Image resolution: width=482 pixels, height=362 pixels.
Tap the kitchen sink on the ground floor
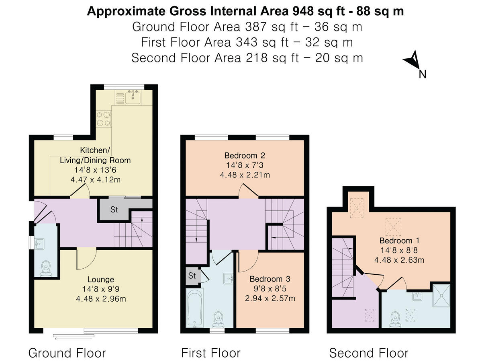[x=132, y=97]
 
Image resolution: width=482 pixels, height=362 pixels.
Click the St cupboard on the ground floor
[x=115, y=210]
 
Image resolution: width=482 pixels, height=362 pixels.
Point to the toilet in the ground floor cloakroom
[x=47, y=268]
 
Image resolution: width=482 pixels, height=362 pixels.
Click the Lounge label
[x=101, y=279]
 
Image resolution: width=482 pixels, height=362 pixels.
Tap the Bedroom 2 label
[x=245, y=155]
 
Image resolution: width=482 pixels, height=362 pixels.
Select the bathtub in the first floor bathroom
[x=195, y=308]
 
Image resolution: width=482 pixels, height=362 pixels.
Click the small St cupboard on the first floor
[x=192, y=276]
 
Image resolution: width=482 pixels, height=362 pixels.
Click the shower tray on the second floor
[x=441, y=296]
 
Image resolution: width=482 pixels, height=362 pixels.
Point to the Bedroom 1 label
[x=400, y=241]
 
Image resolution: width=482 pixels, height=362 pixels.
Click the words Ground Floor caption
[x=67, y=353]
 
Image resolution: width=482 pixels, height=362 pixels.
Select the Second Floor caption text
[x=368, y=353]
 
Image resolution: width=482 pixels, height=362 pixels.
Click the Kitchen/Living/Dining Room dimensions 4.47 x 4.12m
[x=95, y=179]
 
